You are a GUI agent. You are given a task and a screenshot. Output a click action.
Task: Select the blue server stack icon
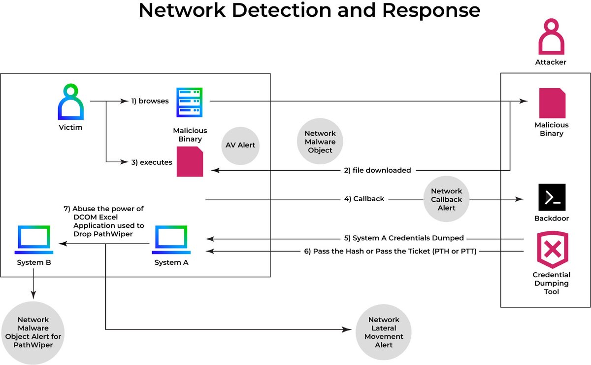pos(190,102)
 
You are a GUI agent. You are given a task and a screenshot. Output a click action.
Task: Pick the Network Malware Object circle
pos(320,142)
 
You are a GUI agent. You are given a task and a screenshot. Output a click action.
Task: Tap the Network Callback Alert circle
pos(446,199)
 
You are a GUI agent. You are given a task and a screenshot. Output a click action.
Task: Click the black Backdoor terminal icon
pos(552,197)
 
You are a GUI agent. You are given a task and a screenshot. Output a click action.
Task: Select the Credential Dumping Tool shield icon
pos(552,250)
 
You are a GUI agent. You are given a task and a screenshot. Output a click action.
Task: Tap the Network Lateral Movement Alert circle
pos(384,332)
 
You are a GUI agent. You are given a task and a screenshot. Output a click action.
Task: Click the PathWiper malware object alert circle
pos(33,332)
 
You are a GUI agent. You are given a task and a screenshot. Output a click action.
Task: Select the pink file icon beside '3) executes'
pos(190,162)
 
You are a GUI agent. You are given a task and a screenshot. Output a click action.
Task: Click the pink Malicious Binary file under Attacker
pos(552,103)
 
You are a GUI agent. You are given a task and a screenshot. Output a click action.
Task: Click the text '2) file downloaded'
pos(377,170)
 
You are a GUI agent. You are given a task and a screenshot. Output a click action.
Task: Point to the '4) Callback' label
pos(364,199)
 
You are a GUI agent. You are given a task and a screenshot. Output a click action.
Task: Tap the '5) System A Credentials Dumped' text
pos(404,238)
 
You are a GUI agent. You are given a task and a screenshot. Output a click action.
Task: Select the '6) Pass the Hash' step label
pos(392,251)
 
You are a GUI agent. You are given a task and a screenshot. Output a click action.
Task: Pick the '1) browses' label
pos(150,101)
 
